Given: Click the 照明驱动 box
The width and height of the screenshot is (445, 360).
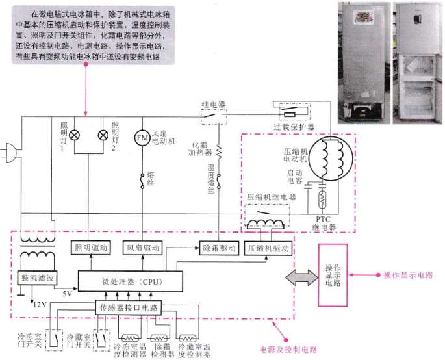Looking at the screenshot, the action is click(x=91, y=248).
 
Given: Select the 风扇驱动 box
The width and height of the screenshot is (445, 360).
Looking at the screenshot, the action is click(x=143, y=248).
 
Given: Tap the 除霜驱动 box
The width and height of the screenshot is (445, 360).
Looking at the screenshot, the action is click(x=219, y=248).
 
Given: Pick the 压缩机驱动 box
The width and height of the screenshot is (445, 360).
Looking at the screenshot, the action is click(x=268, y=249).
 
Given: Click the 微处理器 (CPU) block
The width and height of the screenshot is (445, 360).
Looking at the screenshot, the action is click(x=131, y=281).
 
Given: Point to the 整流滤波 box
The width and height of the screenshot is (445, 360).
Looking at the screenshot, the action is click(x=37, y=277).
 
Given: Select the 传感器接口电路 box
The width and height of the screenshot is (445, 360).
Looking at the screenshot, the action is click(x=129, y=308).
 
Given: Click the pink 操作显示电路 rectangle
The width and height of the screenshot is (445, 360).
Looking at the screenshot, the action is click(x=333, y=275).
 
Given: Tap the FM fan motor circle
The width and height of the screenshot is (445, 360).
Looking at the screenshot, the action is click(x=142, y=138).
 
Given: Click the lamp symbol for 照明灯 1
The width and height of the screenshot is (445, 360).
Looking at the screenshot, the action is click(x=74, y=135).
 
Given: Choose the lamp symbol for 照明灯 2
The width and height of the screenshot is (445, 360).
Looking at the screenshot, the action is click(x=103, y=135).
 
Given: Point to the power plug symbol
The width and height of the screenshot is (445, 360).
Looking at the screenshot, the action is click(x=9, y=153).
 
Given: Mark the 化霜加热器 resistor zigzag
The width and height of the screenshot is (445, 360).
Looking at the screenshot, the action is click(x=219, y=151).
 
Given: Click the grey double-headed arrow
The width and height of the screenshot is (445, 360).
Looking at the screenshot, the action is click(x=302, y=277).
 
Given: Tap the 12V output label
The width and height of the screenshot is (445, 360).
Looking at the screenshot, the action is click(x=40, y=305).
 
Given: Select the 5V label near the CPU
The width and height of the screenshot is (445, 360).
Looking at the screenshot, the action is click(x=68, y=294).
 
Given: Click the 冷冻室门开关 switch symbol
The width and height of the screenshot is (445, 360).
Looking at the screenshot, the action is click(x=54, y=340).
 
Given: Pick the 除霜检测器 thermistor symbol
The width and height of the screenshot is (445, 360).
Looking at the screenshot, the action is click(x=159, y=338).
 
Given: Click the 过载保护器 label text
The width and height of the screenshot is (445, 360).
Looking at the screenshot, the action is click(x=294, y=127).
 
